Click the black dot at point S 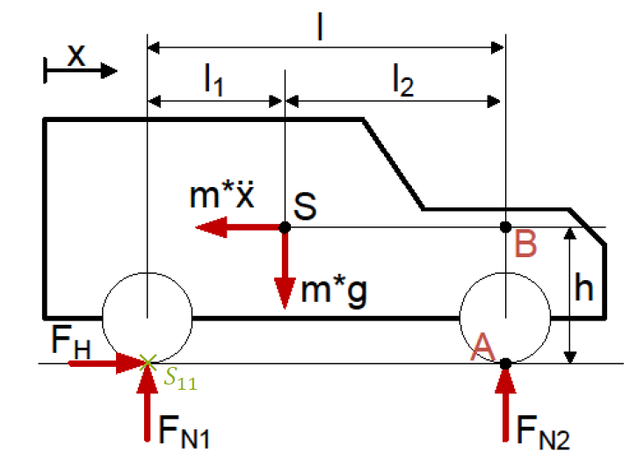pos(285,227)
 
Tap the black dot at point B pos(505,227)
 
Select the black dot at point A pos(505,364)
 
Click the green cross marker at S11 pos(148,363)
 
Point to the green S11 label pos(180,380)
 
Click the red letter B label pos(525,244)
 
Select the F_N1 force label pos(184,432)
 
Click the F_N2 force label pos(543,432)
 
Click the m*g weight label pos(334,290)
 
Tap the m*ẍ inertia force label pos(221,194)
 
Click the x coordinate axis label pos(76,55)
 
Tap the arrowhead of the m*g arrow pos(285,293)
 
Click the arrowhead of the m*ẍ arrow pos(211,227)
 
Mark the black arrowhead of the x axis pos(109,71)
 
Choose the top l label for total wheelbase pos(320,26)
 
